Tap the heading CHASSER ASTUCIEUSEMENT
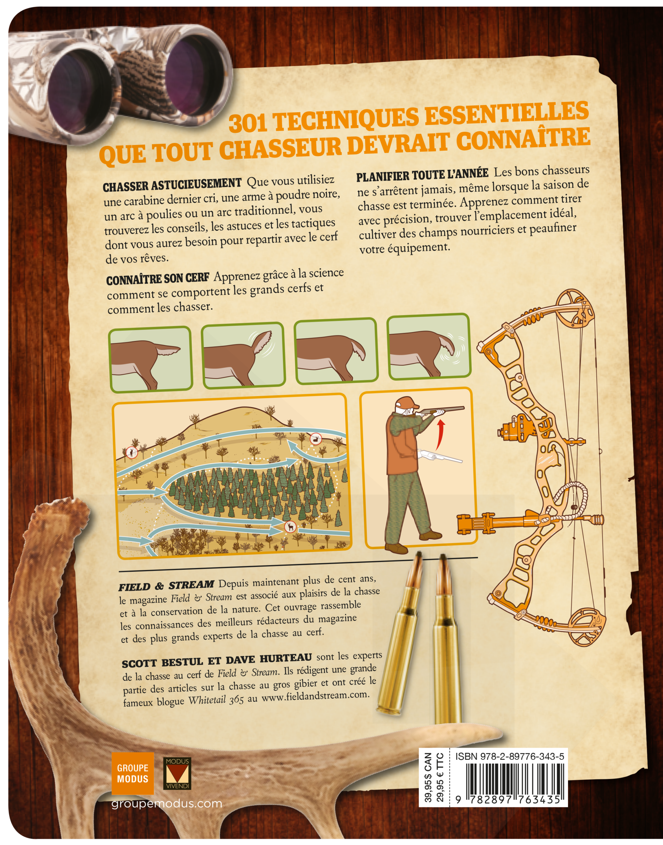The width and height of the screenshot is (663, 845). point(172,185)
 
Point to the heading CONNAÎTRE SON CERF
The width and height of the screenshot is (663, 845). point(158,278)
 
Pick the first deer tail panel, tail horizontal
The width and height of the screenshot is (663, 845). point(150,359)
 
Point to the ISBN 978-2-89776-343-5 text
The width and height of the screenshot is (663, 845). point(510,756)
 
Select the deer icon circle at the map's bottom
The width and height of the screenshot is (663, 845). point(290,527)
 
